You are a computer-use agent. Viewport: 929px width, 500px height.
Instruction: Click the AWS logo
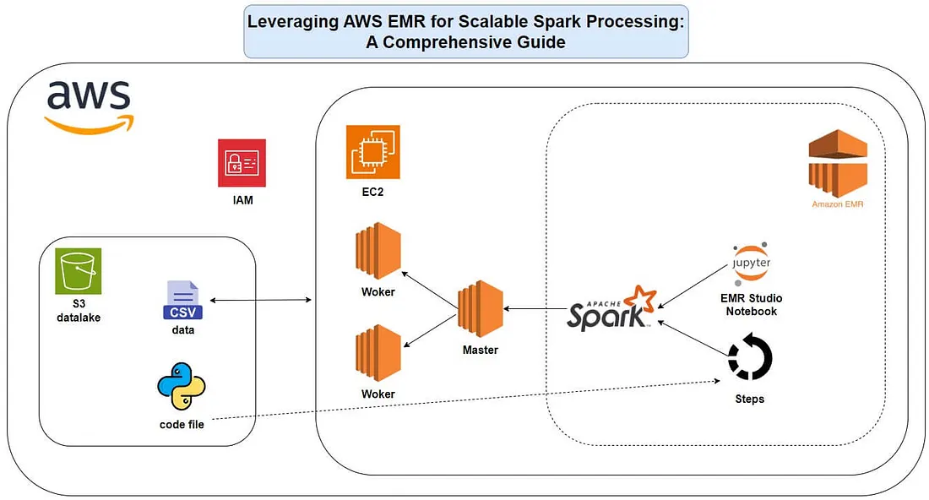tap(88, 105)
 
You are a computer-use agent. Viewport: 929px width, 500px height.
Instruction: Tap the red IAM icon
tap(242, 163)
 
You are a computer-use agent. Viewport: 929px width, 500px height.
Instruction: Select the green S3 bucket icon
tap(78, 270)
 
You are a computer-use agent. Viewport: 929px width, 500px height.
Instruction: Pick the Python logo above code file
tap(182, 387)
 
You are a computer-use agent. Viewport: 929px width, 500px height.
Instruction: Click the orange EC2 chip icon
tap(372, 152)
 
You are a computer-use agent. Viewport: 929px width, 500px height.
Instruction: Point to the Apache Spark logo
tap(611, 309)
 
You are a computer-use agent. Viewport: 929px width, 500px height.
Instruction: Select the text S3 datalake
tap(78, 312)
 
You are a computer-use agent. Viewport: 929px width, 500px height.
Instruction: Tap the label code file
tap(182, 424)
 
